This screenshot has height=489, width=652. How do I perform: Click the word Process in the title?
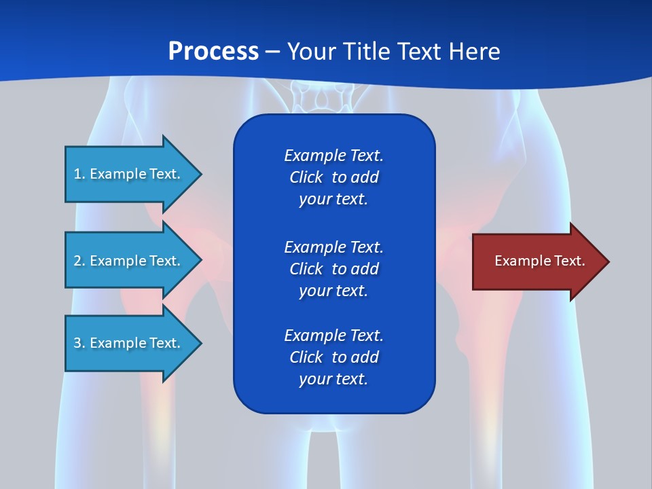point(213,52)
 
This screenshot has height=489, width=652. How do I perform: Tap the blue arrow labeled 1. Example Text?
point(129,174)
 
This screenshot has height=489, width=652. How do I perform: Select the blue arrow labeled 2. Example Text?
point(129,261)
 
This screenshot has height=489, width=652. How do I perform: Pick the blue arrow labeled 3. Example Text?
point(129,343)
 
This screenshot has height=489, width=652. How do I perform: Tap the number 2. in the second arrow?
point(79,261)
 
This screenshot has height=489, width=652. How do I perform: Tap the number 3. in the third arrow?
point(79,343)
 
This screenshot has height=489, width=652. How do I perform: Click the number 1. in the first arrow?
point(79,174)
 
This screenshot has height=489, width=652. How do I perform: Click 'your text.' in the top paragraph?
point(333,200)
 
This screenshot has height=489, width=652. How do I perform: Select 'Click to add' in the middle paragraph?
point(333,269)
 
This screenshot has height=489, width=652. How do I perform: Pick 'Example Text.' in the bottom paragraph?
point(333,336)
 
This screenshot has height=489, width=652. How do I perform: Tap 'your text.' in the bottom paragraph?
point(333,380)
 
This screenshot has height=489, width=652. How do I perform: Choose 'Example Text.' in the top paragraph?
point(333,156)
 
